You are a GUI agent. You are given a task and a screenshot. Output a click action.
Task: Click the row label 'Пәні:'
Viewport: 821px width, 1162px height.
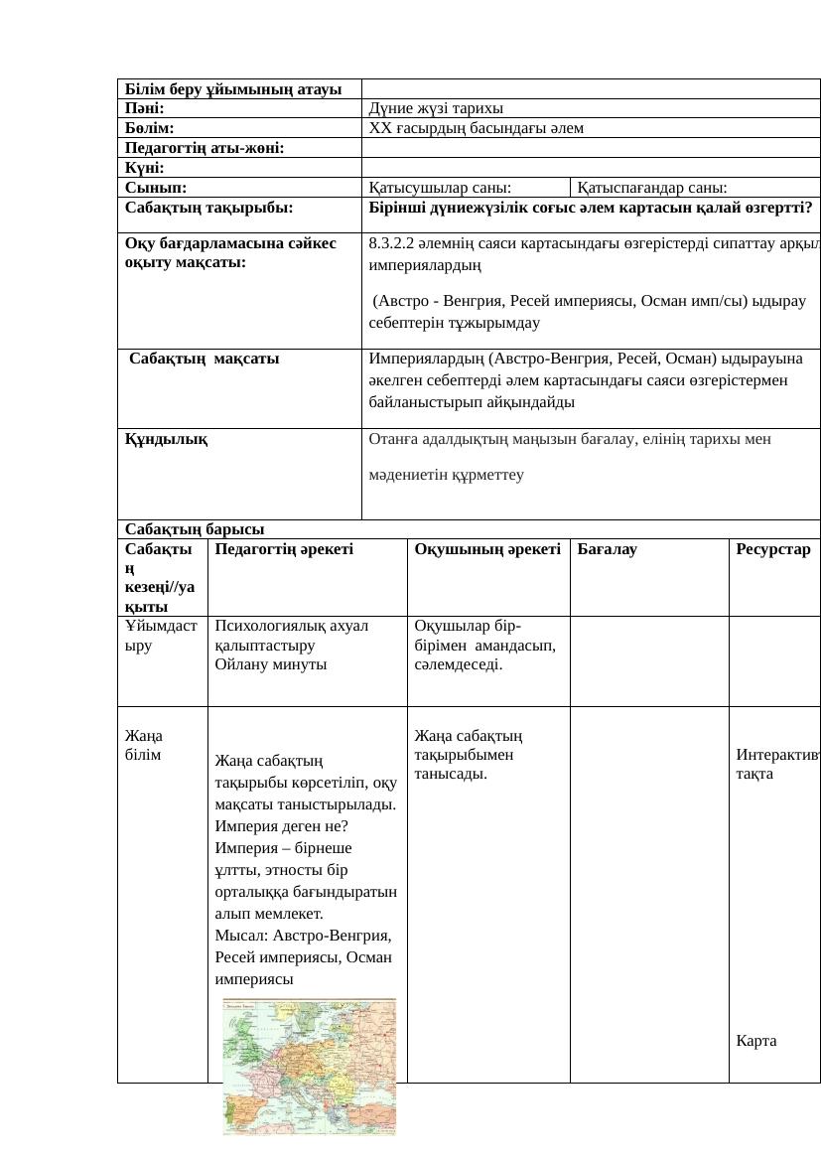(x=145, y=108)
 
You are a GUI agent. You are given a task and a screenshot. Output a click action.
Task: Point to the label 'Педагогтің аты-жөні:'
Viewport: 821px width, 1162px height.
(x=205, y=148)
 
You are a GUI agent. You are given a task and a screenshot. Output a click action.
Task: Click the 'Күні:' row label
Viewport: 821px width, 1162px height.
(x=145, y=168)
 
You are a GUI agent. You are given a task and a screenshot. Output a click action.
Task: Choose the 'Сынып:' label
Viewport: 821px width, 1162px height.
(x=156, y=187)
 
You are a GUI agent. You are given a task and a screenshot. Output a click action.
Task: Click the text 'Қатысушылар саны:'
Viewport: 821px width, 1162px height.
(x=440, y=187)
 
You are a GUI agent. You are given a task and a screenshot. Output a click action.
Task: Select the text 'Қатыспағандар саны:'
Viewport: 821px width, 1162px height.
(x=652, y=187)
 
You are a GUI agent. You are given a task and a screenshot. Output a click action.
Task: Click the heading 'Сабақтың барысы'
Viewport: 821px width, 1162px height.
(x=195, y=528)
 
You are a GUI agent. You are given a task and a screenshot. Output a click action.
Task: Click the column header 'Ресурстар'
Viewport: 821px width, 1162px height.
(x=773, y=548)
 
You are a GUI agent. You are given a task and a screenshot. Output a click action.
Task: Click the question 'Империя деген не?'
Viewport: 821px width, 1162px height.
(x=281, y=826)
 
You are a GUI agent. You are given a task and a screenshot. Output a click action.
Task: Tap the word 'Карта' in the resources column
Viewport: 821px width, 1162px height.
(x=756, y=1041)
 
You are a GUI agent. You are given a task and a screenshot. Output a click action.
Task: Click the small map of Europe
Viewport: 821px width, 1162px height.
(x=309, y=1065)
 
